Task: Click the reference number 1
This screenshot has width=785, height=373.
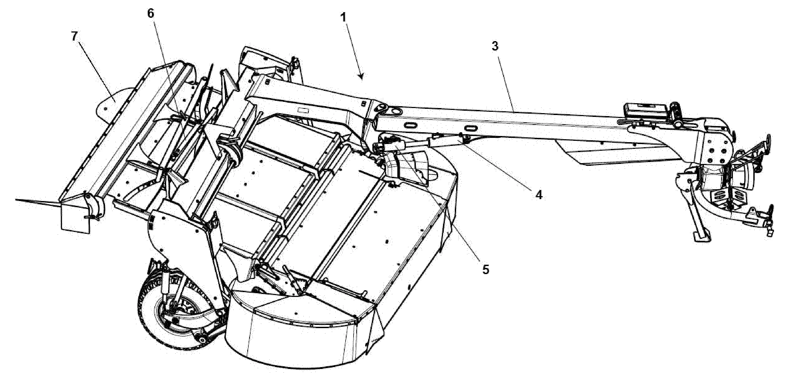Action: pyautogui.click(x=343, y=17)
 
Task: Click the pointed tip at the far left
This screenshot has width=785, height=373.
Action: pyautogui.click(x=15, y=200)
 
